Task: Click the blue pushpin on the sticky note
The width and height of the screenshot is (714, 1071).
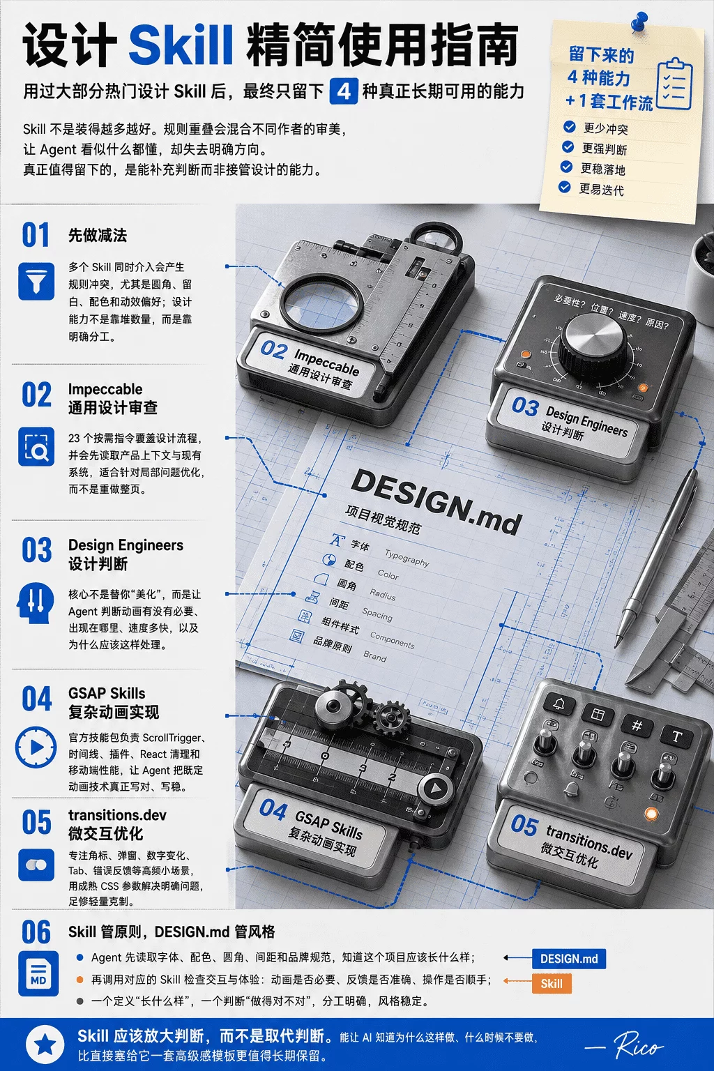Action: (639, 22)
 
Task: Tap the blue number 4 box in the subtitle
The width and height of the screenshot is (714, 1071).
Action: (343, 91)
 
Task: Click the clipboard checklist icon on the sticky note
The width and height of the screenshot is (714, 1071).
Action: (675, 84)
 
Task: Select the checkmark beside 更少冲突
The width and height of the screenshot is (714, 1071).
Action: (569, 127)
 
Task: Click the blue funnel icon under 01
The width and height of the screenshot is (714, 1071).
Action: (36, 281)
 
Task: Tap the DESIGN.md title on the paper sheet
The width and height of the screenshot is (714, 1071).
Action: (436, 501)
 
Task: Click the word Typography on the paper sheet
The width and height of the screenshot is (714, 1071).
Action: (407, 558)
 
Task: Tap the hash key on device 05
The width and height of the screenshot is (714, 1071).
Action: (637, 725)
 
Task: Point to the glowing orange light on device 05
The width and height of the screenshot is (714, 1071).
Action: (651, 813)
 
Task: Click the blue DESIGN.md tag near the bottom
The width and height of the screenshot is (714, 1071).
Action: (569, 959)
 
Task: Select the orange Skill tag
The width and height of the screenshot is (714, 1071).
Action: (552, 984)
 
